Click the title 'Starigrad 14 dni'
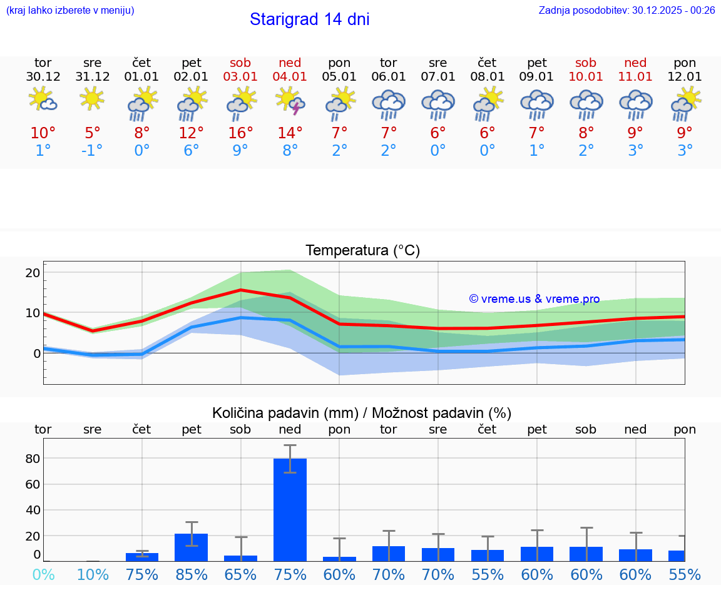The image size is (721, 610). [x=309, y=19]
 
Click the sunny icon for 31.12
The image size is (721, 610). [x=93, y=98]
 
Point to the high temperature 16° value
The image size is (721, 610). [x=241, y=133]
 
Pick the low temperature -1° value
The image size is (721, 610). [x=92, y=150]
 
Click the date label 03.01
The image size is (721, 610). [x=240, y=77]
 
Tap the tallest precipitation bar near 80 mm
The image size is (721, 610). [x=290, y=509]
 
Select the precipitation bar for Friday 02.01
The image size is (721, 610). [x=191, y=547]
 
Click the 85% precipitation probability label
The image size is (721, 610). [x=191, y=574]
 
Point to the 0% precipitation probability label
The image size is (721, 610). [x=43, y=574]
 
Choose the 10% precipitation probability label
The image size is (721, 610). [x=93, y=574]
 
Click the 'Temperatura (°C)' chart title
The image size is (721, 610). [x=362, y=251]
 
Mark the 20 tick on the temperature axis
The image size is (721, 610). [x=33, y=273]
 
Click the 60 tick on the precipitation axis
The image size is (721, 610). [x=33, y=484]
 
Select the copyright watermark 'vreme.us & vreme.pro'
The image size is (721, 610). [x=534, y=299]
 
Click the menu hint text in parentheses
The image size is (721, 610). [x=70, y=10]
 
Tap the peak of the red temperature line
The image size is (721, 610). [x=241, y=290]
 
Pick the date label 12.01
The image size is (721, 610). [x=685, y=77]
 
